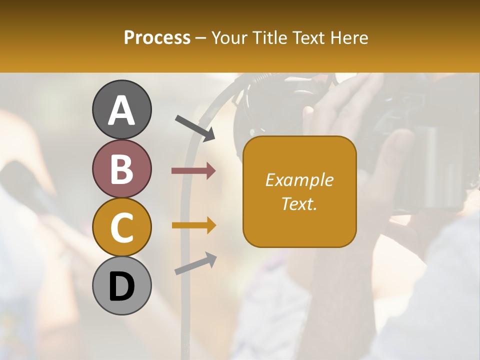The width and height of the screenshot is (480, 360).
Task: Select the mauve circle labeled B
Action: coord(121,169)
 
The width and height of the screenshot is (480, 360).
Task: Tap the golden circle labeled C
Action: coord(121,227)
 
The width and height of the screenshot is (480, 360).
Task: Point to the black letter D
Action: coord(121,286)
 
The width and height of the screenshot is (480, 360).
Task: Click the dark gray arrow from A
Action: coord(195,127)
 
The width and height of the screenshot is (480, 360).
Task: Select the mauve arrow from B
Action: coord(193,171)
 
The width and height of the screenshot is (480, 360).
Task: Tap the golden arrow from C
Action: coord(193,225)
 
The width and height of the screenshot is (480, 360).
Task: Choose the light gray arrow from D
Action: coord(195,263)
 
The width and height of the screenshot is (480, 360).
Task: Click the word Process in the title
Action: coord(157,38)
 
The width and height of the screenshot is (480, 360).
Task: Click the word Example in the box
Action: coord(299,180)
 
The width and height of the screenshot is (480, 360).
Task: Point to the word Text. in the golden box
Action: coord(299,203)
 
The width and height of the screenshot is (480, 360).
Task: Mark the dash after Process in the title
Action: coord(201,38)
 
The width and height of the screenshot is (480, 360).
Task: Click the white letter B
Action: coord(121,169)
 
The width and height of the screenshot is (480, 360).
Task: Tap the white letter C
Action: coord(121,227)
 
